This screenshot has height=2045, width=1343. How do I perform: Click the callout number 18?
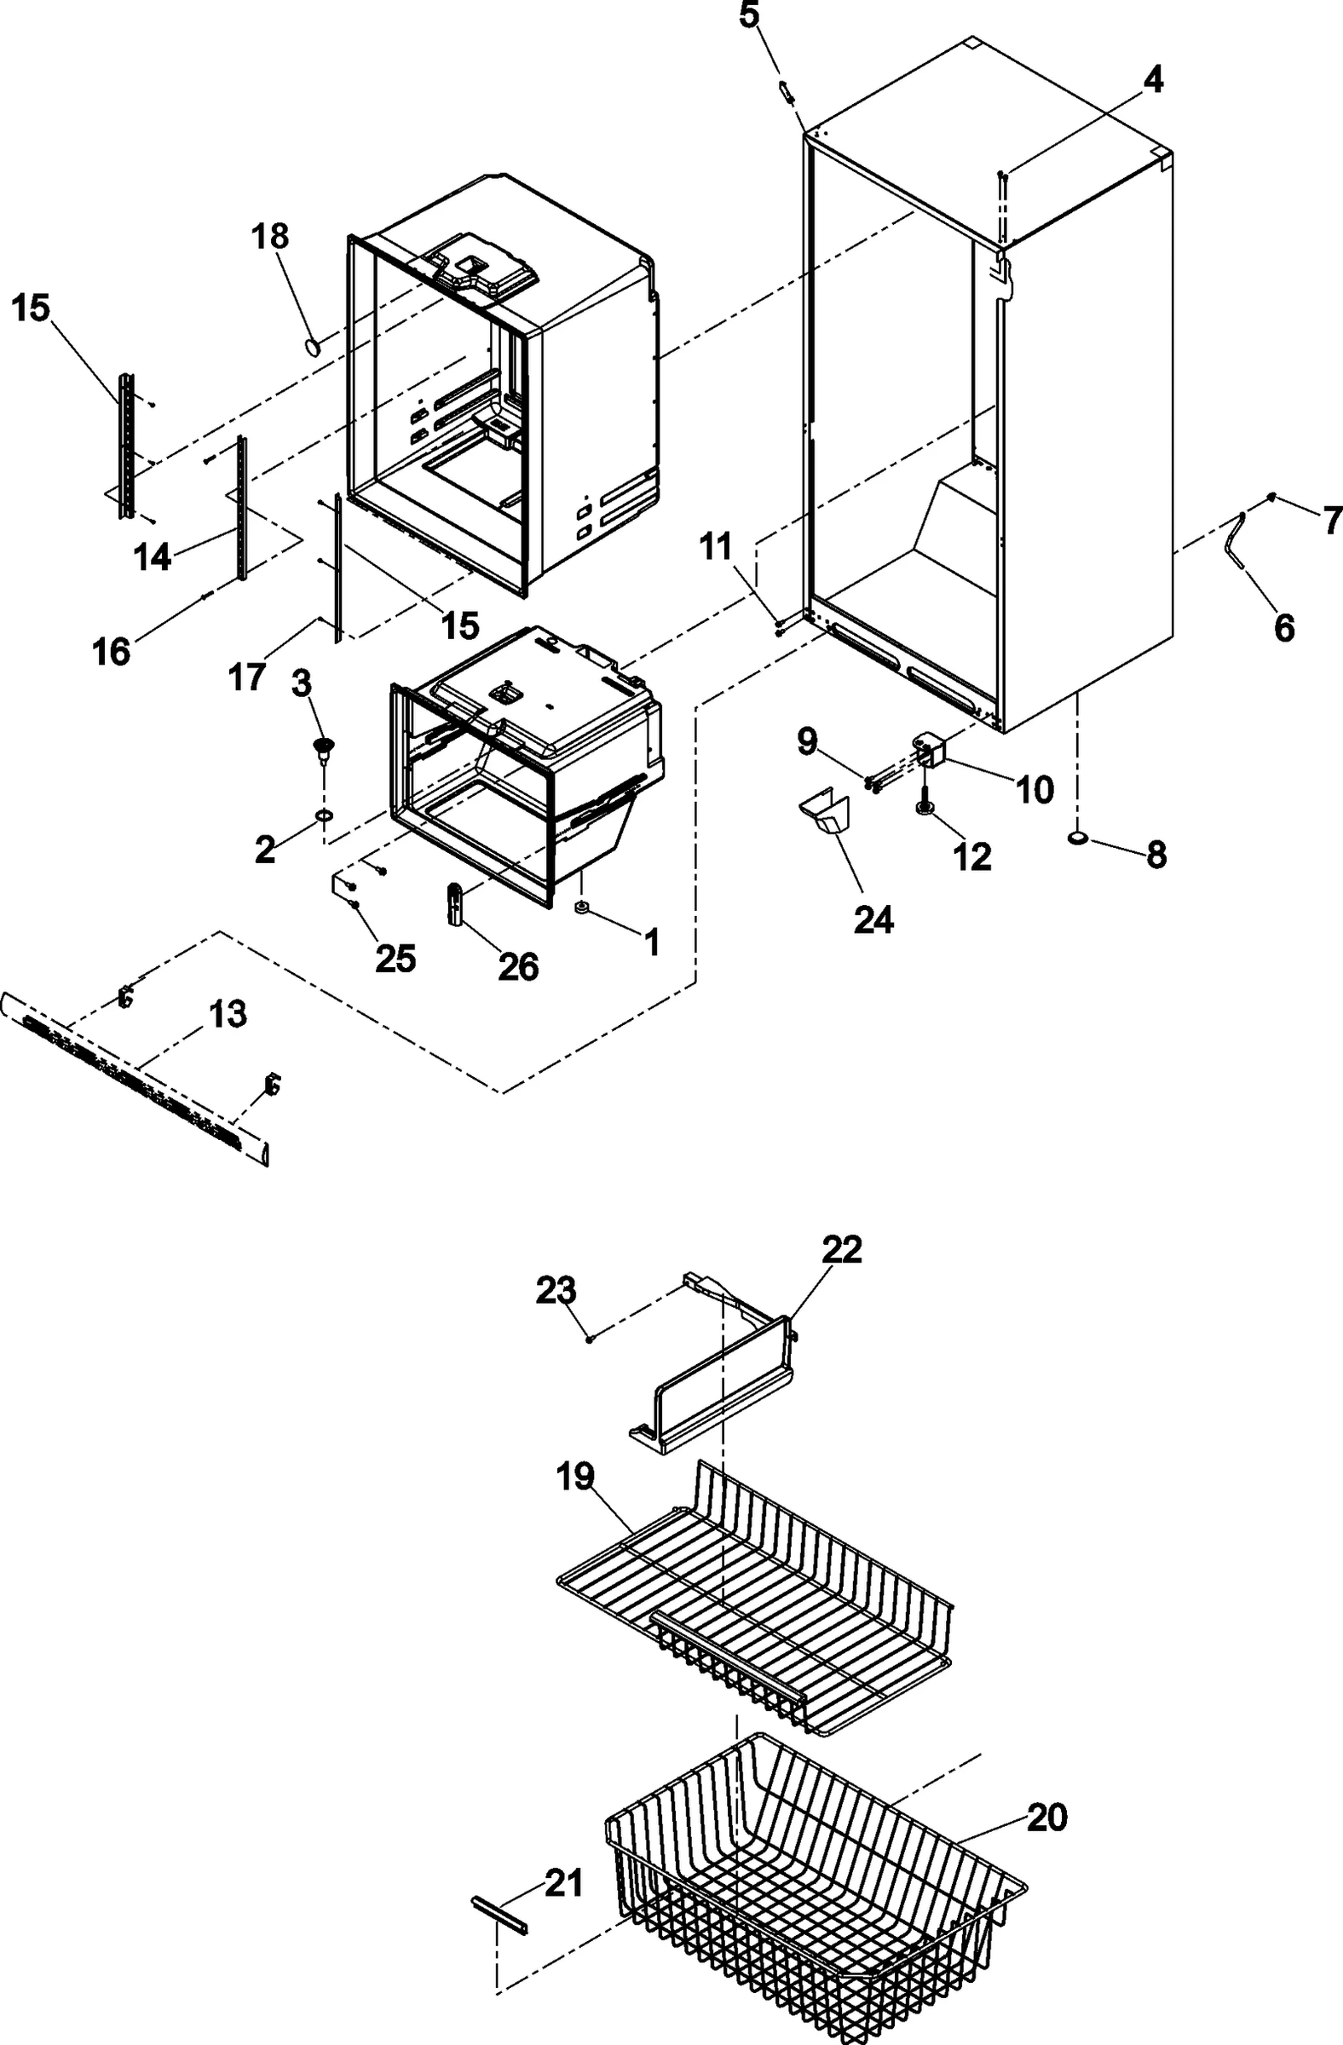(271, 236)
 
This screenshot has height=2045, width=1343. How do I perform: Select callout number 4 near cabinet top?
(1152, 80)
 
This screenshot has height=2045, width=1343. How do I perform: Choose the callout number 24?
(873, 919)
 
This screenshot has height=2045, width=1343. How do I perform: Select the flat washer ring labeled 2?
(323, 815)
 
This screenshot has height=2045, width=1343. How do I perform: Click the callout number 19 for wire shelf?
(575, 1476)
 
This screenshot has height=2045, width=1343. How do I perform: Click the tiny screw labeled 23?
(590, 1339)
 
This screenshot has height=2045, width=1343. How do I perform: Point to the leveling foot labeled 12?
(925, 809)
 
